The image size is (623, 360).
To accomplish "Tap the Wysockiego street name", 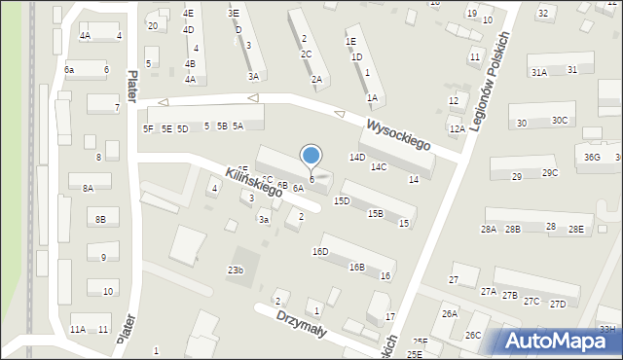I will pyautogui.click(x=398, y=135).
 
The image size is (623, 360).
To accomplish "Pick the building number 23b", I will pyautogui.click(x=236, y=270).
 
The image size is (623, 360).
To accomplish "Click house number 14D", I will pyautogui.click(x=357, y=157).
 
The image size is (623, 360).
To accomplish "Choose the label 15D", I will pyautogui.click(x=342, y=200).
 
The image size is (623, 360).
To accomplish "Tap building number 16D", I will pyautogui.click(x=320, y=252).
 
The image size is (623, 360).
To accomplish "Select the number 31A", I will pyautogui.click(x=538, y=72).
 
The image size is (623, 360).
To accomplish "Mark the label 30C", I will pyautogui.click(x=560, y=121).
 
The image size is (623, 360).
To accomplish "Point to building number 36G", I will pyautogui.click(x=592, y=157).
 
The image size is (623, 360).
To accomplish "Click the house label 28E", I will pyautogui.click(x=577, y=229).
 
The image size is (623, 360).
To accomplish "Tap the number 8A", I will pyautogui.click(x=88, y=189).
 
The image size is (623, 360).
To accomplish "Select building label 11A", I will pyautogui.click(x=78, y=330).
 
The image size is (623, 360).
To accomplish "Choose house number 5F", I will pyautogui.click(x=148, y=128).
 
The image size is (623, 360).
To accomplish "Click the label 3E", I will pyautogui.click(x=234, y=14).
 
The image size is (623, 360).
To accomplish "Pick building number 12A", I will pyautogui.click(x=457, y=128).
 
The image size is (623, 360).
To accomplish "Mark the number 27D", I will pyautogui.click(x=558, y=304).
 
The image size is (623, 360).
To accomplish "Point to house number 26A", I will pyautogui.click(x=449, y=313).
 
